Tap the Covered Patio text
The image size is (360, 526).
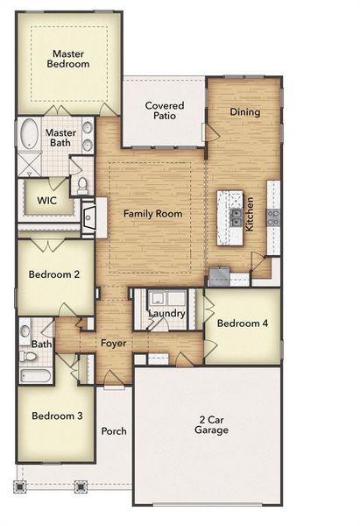(x=164, y=110)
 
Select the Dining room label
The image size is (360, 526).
(x=244, y=112)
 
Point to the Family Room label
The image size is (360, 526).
(x=152, y=214)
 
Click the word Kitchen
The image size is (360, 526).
(x=250, y=213)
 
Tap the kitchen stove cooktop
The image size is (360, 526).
(x=273, y=217)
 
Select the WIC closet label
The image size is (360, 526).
(x=46, y=200)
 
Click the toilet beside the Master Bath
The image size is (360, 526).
(x=81, y=185)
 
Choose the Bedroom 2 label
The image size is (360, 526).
(x=54, y=274)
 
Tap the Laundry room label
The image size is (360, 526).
(x=166, y=313)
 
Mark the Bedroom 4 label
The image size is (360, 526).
(x=243, y=323)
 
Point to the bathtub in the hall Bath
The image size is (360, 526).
(x=34, y=377)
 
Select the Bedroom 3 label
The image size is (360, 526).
(x=57, y=416)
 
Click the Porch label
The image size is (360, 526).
(x=114, y=431)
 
